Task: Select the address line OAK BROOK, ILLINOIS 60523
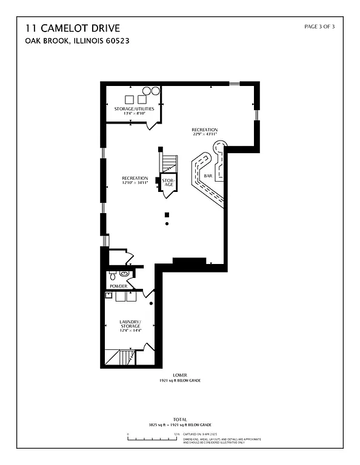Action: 77,41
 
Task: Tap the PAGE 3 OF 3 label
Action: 319,27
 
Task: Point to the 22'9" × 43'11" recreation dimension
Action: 204,134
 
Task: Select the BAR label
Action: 208,176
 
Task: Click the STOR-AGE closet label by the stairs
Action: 168,182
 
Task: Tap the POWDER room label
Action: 118,286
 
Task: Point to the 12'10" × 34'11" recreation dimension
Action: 135,182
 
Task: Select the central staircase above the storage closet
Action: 169,164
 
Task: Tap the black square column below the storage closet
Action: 168,214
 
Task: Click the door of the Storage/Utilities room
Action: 151,125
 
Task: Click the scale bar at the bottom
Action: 152,435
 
